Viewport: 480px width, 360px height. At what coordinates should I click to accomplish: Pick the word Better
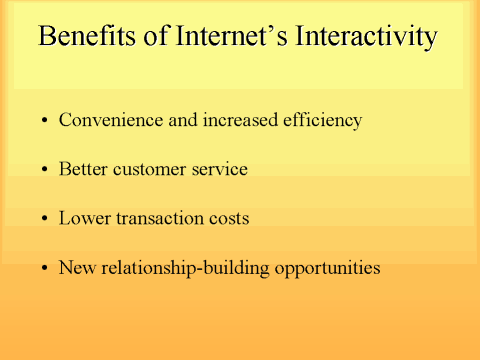(x=83, y=169)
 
